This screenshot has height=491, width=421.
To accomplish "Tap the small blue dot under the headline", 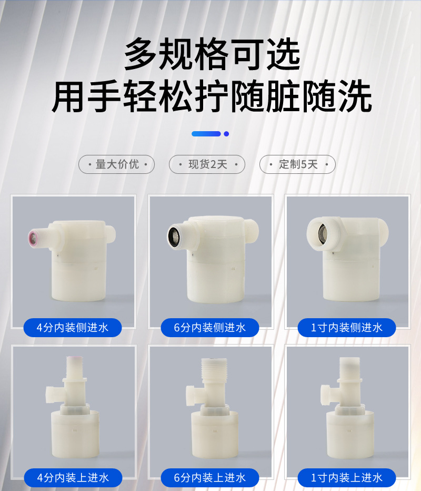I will [226, 134].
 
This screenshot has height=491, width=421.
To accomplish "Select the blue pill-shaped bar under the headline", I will [206, 134].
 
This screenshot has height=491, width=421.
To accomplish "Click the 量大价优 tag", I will [117, 164].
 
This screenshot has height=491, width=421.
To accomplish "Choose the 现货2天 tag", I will [207, 164].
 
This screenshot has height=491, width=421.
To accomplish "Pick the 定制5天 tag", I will [297, 164].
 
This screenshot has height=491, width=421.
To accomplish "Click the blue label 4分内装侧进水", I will [73, 328].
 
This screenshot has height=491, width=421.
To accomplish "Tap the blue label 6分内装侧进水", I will [210, 328].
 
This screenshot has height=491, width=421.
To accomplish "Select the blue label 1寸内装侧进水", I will [347, 328].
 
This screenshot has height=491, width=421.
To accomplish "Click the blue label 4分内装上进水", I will [73, 478].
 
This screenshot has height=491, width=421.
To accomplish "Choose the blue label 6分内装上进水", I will [210, 478].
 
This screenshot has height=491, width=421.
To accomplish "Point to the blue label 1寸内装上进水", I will [347, 478].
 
